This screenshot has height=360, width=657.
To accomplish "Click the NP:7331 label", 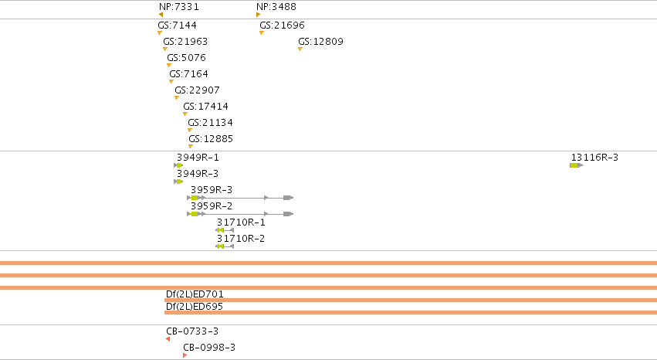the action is tap(179, 7).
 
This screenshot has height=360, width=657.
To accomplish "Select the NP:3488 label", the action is tap(276, 7).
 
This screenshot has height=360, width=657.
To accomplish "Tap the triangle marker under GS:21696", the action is tap(262, 32).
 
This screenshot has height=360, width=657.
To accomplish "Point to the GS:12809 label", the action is tap(320, 42).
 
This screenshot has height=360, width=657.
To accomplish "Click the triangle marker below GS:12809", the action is tap(300, 49).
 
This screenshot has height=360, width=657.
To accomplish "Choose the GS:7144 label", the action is tap(178, 25).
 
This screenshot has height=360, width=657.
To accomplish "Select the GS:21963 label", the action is tap(185, 42).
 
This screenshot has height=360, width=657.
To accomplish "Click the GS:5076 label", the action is tap(187, 57).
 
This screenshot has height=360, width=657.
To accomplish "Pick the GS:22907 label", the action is tap(197, 90).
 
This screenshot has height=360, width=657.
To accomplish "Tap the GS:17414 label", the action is tap(205, 107).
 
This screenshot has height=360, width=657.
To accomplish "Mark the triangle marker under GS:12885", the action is tap(191, 146).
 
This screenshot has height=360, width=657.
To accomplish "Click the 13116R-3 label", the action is tap(594, 158).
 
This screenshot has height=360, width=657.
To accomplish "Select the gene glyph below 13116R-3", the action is tap(576, 165).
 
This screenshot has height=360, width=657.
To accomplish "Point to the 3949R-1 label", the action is tap(198, 158).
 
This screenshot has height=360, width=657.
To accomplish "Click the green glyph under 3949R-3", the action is tap(178, 182).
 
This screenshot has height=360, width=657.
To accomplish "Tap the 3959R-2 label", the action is tap(212, 206).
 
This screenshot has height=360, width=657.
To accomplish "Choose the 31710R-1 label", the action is tap(241, 222).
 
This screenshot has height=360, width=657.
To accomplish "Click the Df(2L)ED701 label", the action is tap(195, 294).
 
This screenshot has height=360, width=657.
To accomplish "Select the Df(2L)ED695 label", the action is tap(195, 307).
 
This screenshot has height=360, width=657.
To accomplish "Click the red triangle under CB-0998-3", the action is tap(185, 355).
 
